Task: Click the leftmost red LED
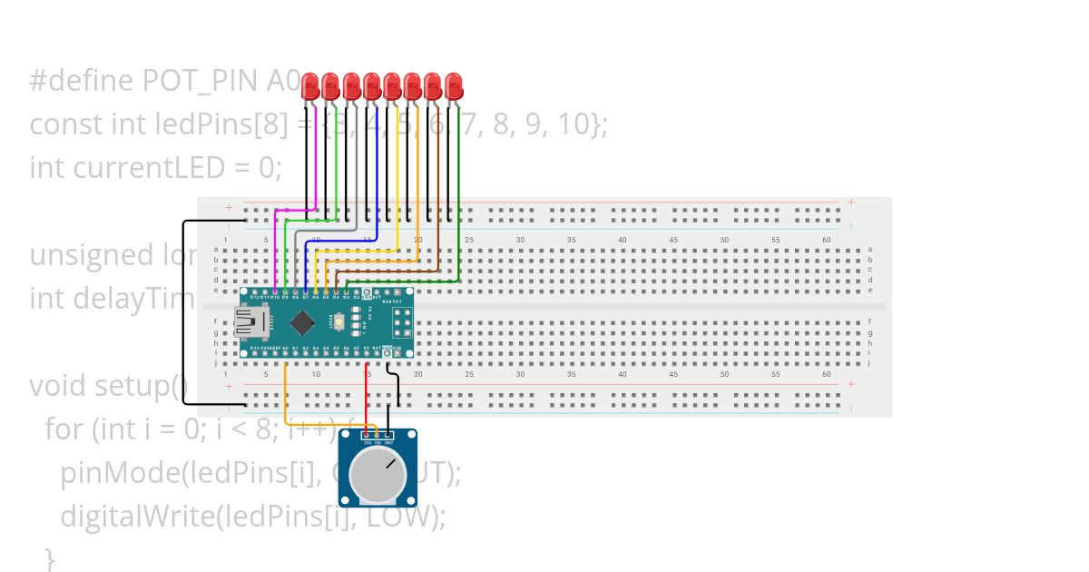(x=309, y=87)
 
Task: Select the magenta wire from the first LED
(x=315, y=163)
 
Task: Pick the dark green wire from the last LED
(x=459, y=182)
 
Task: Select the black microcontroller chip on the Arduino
(x=304, y=321)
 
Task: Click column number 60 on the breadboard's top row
(x=826, y=240)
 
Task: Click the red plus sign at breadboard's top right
(x=850, y=202)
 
